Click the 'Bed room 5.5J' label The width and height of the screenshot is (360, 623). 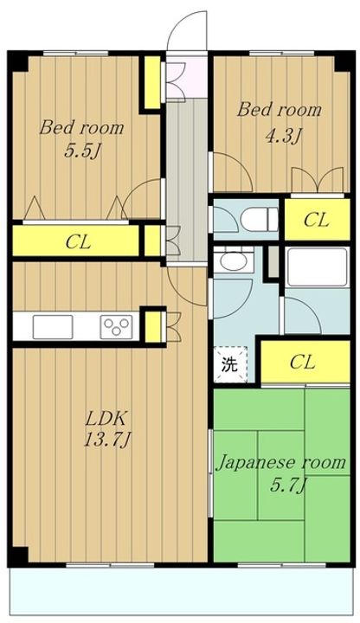click(x=81, y=138)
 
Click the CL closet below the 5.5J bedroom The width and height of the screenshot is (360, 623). click(x=78, y=239)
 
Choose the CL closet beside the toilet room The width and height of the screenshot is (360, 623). click(x=317, y=220)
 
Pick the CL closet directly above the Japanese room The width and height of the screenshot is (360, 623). click(x=302, y=361)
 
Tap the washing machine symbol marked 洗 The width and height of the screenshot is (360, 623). click(x=229, y=363)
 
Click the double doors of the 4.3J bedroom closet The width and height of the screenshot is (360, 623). click(x=312, y=179)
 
